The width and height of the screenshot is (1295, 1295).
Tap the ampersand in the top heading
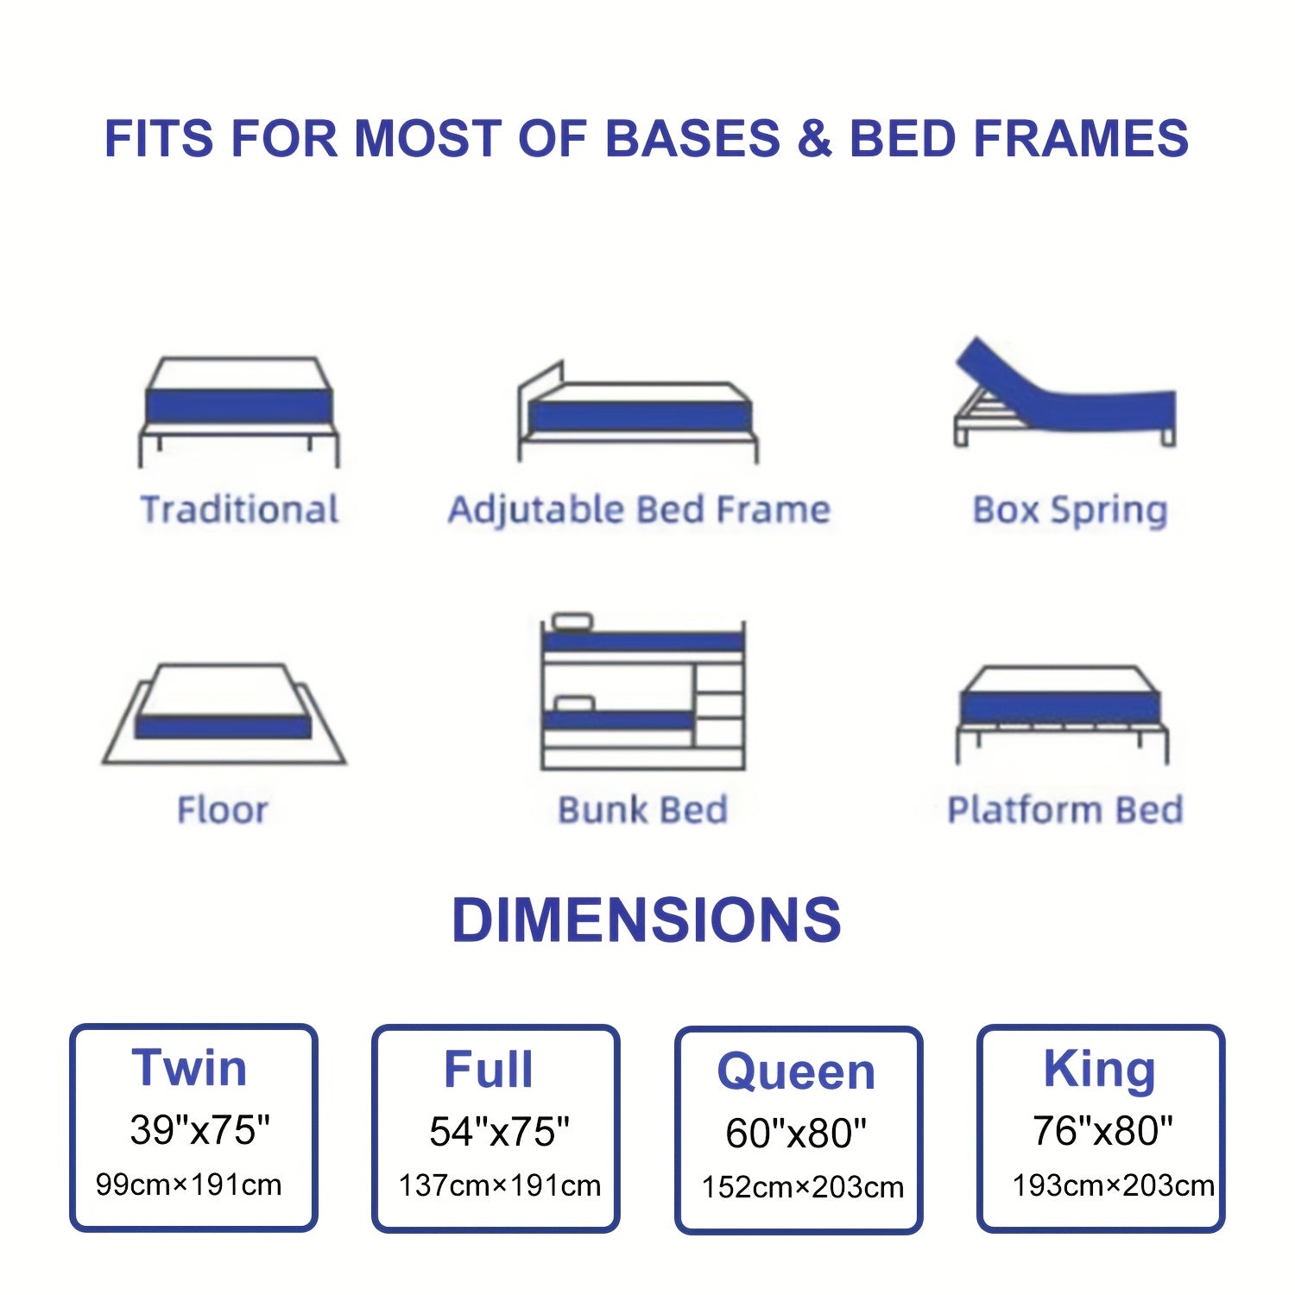tap(814, 139)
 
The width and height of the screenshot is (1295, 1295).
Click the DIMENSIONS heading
tap(647, 919)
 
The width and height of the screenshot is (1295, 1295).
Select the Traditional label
tap(239, 509)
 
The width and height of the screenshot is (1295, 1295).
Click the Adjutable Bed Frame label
tap(639, 509)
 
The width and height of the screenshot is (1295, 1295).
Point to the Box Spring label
tap(1070, 510)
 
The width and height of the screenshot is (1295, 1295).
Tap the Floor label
tap(223, 810)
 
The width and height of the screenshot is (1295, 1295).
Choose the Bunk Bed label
tap(643, 810)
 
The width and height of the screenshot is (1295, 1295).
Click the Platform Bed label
tap(1065, 810)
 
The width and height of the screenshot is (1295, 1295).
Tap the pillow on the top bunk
tap(572, 621)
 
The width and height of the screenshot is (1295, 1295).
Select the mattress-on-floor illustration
tap(224, 714)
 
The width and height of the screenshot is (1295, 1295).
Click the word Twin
tap(189, 1068)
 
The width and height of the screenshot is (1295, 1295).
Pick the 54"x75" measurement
tap(500, 1131)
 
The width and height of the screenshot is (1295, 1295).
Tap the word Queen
tap(796, 1071)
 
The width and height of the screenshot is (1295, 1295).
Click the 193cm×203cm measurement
tap(1113, 1185)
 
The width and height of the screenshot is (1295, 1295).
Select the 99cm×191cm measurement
tap(188, 1184)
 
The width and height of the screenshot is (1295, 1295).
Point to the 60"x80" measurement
tap(796, 1133)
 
